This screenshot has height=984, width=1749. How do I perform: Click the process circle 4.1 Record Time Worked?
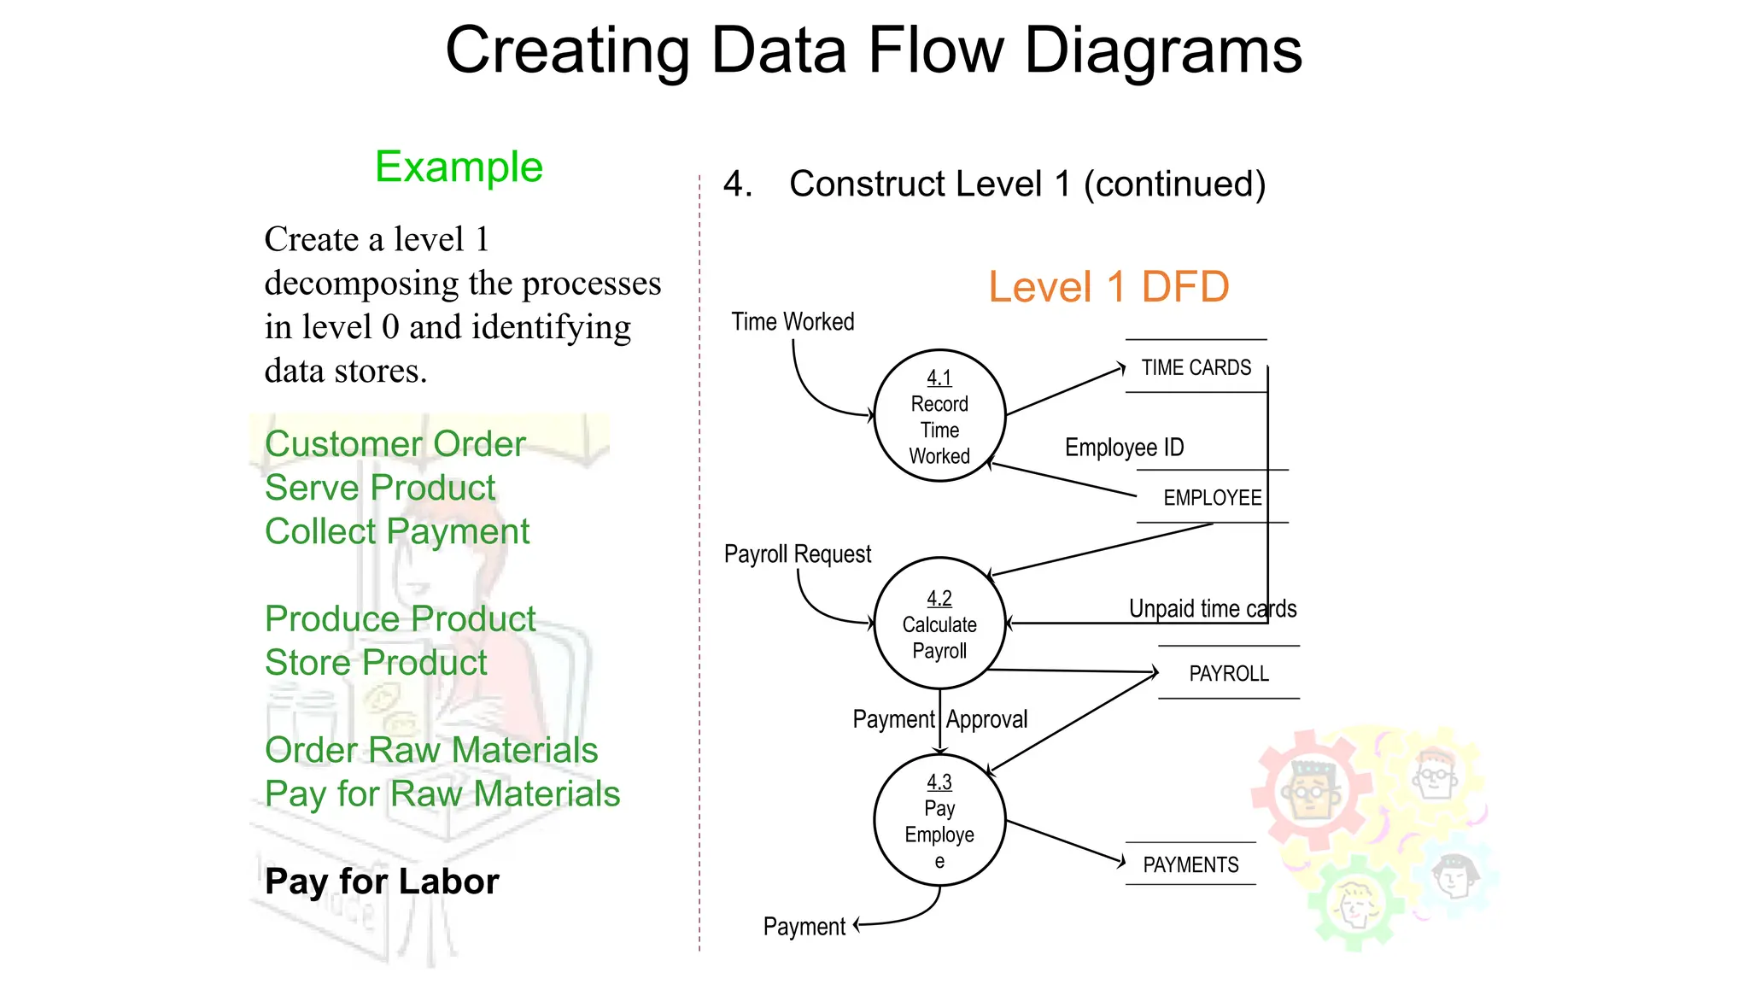pos(939,416)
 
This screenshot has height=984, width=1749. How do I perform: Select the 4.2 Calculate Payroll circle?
pos(939,624)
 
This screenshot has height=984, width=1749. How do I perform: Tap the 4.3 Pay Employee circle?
pos(939,820)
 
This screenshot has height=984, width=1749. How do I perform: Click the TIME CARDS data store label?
pos(1196,367)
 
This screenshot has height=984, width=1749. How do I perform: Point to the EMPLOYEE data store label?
pos(1212,497)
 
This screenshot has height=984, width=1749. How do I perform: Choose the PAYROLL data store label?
pos(1228,673)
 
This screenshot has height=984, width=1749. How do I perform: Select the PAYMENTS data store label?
pos(1190,864)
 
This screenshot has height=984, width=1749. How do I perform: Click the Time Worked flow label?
pos(793,322)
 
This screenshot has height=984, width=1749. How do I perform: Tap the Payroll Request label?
pos(797,554)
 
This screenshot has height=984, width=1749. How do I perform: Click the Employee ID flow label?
pos(1124,448)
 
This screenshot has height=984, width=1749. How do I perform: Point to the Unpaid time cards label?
pos(1212,609)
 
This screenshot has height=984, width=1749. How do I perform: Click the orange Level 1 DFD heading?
pos(1108,287)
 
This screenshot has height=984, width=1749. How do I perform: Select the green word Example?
pos(459,167)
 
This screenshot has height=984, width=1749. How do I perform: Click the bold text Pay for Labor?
pos(382,881)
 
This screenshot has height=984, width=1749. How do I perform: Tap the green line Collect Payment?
pos(397,531)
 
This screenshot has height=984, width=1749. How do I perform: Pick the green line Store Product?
pos(376,663)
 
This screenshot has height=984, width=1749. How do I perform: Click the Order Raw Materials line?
pos(431,750)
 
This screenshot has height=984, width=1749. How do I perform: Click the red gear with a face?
pos(1309,788)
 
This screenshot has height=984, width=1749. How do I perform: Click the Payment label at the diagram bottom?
pos(804,927)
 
